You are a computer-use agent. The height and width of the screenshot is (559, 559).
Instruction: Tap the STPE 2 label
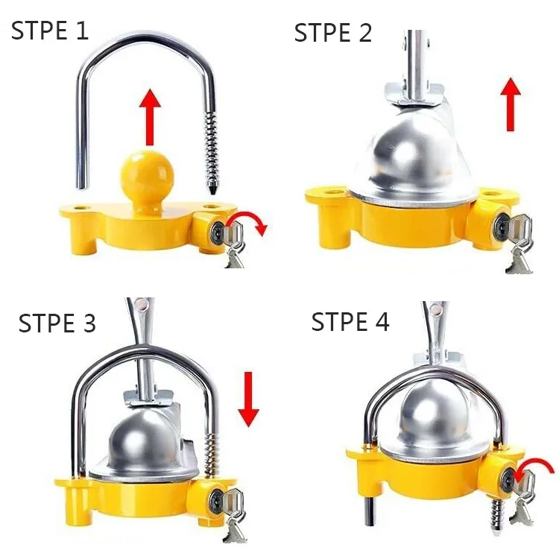332,33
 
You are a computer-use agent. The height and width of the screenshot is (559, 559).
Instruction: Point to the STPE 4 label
350,322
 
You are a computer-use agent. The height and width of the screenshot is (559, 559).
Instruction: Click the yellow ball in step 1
147,175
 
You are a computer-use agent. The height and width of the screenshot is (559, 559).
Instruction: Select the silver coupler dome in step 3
150,440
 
